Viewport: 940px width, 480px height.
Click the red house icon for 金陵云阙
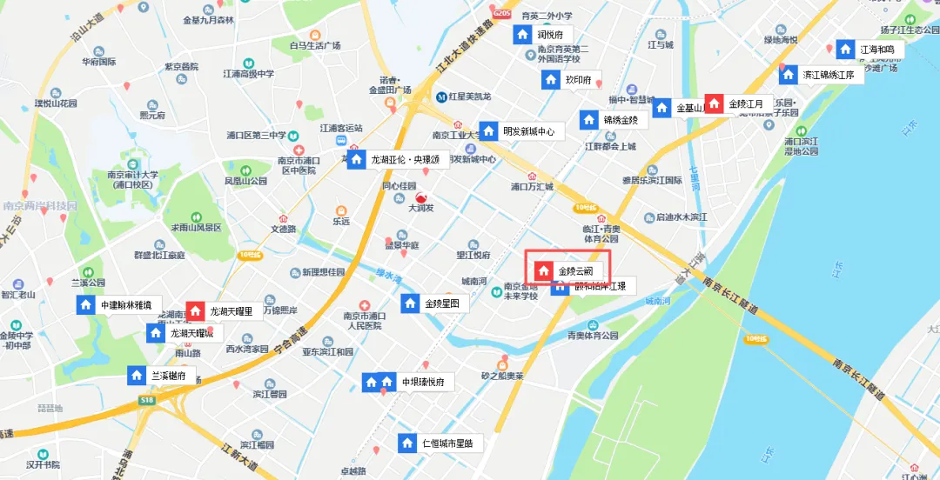[543, 271]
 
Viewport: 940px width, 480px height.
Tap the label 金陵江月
[746, 104]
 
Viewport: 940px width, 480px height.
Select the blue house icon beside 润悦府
[522, 35]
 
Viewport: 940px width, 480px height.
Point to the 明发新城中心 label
[534, 132]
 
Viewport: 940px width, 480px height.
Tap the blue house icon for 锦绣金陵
[589, 120]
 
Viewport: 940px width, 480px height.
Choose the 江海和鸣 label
[876, 50]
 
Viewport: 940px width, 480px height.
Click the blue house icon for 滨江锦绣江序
[788, 75]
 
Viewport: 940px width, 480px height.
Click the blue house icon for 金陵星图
[410, 303]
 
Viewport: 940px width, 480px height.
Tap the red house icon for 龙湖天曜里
[196, 310]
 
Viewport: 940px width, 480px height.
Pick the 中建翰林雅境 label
[126, 305]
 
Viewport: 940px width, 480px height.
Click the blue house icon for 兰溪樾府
[137, 376]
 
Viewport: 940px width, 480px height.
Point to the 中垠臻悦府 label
[424, 382]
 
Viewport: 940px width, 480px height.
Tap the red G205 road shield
[500, 14]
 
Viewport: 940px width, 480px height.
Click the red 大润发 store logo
[421, 199]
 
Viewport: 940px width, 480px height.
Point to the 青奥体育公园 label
[593, 335]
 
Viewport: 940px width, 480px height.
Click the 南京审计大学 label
[135, 175]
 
